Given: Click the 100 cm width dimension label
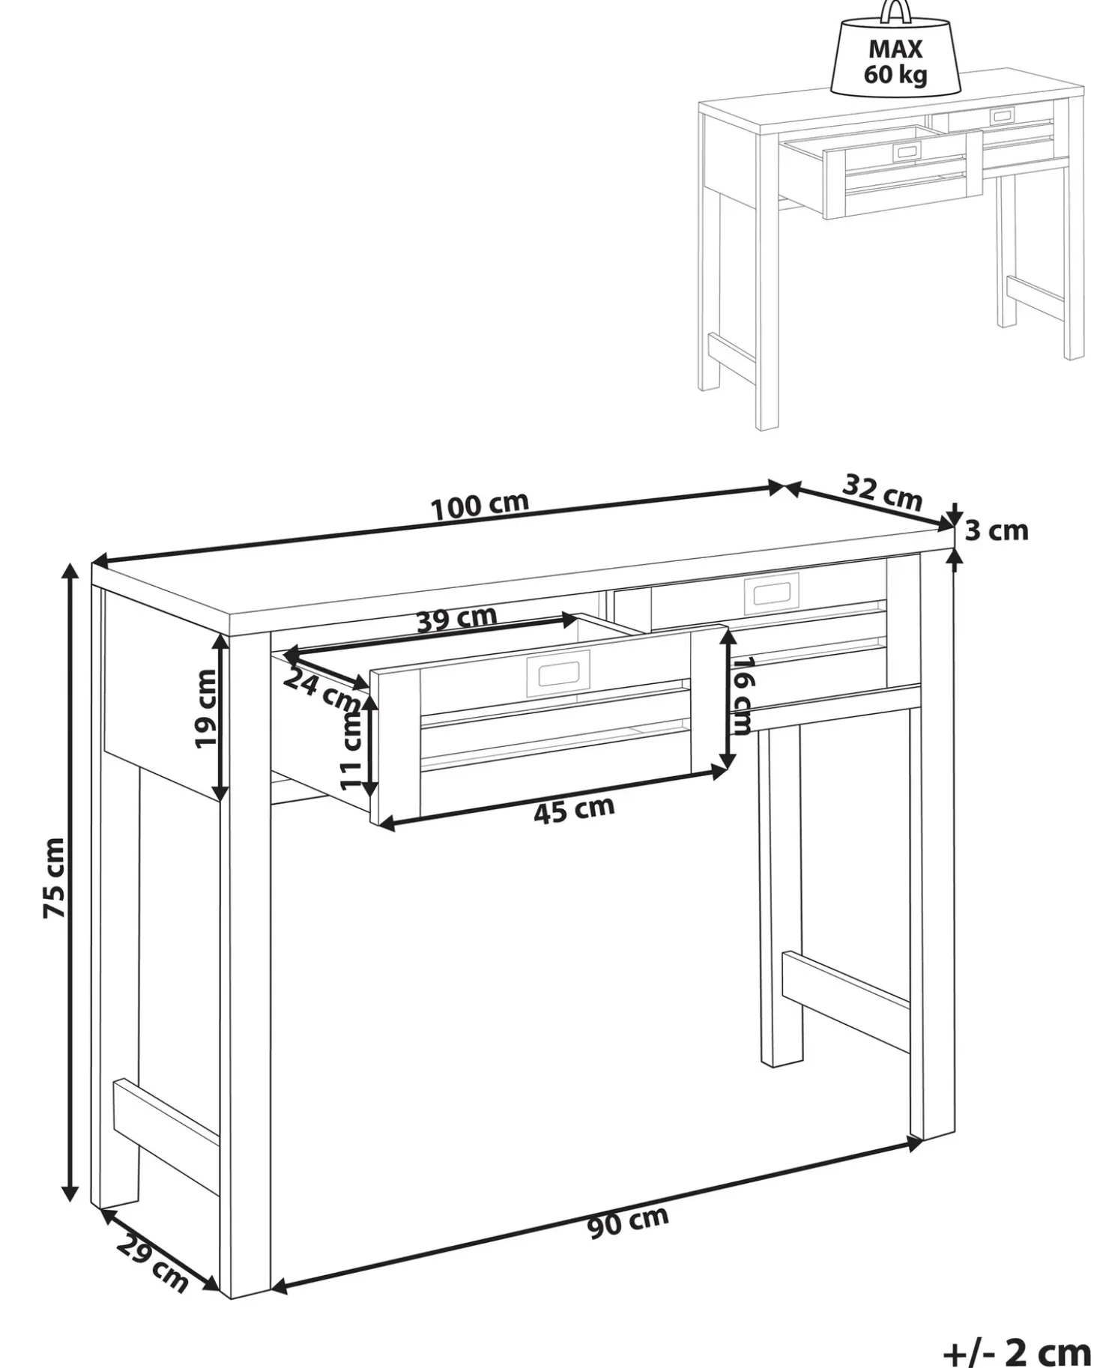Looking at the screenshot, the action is pos(480,506).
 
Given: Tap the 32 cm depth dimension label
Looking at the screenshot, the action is pos(882,491).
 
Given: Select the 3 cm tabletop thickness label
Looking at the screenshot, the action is pos(996,530).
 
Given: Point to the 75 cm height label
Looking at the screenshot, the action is pos(55,878).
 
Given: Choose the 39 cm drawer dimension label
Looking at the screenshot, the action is pos(456,619).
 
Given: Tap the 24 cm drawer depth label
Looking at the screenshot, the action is pos(322,690).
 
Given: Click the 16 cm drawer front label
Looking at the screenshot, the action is pos(742,696).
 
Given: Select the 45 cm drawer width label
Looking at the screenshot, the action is pos(574,809).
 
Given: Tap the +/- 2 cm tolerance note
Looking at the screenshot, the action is pos(1017,1352).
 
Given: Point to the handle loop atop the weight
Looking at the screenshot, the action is pos(895,10).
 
